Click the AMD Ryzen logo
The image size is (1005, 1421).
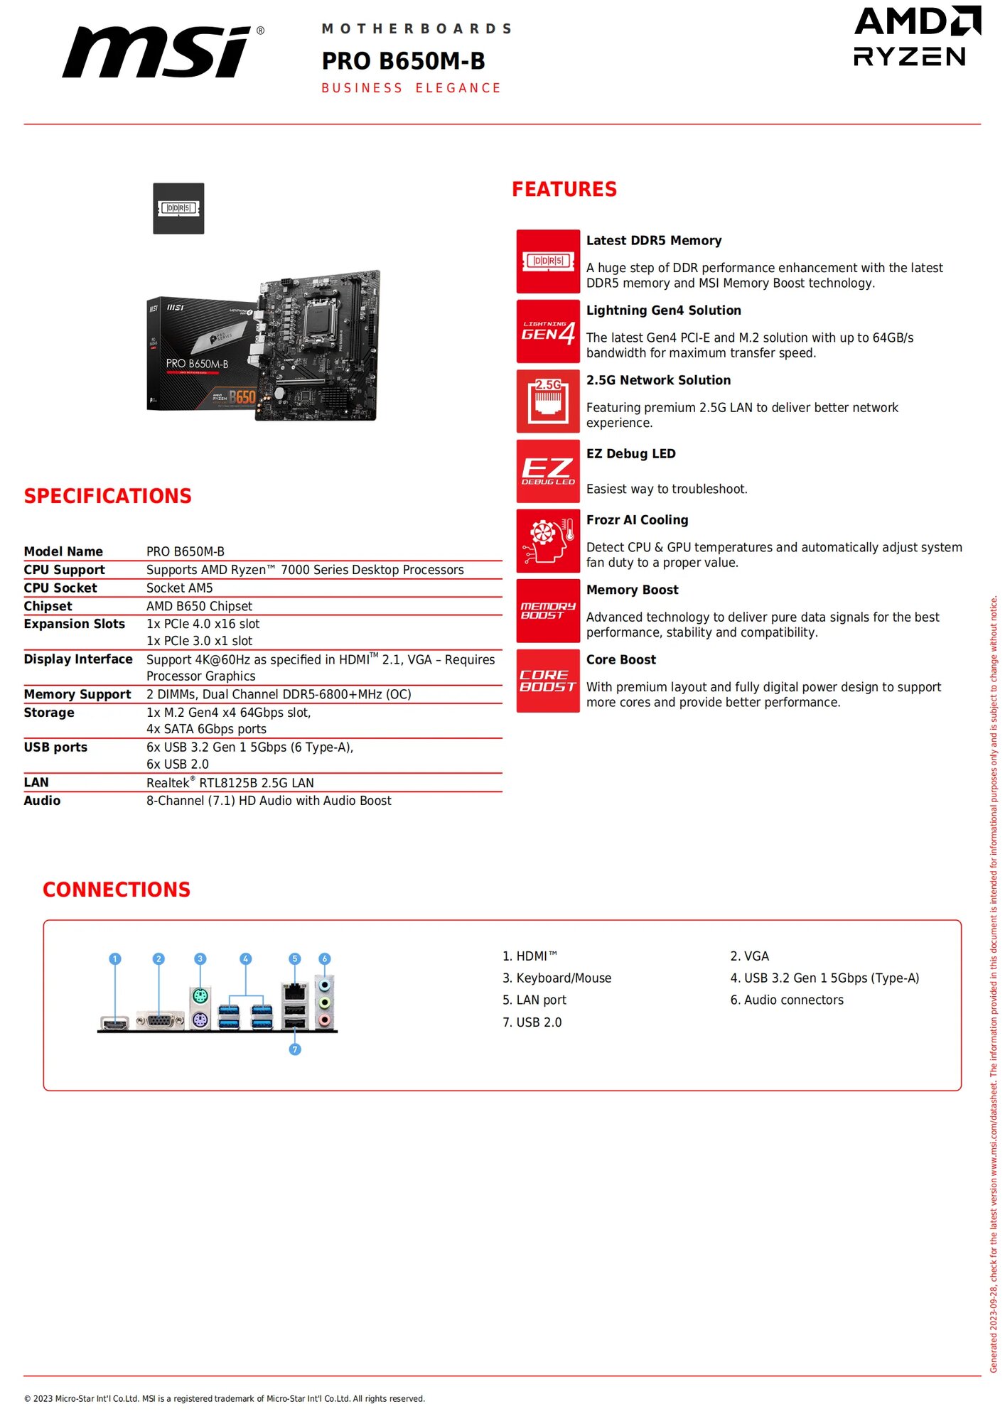click(916, 36)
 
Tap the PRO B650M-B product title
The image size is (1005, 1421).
click(403, 61)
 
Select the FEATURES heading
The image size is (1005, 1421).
click(564, 189)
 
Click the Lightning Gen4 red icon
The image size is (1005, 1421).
click(547, 331)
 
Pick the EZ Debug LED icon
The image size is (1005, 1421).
click(547, 471)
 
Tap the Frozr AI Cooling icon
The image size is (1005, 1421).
click(547, 541)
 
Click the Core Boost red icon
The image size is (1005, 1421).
click(547, 681)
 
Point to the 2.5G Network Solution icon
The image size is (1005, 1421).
click(547, 401)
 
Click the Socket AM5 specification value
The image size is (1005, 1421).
click(180, 588)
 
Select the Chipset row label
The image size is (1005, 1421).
click(48, 606)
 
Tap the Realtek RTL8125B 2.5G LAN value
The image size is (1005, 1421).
click(230, 782)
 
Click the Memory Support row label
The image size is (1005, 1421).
click(77, 694)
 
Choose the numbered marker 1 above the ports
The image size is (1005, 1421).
click(115, 958)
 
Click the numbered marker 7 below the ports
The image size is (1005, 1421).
click(295, 1049)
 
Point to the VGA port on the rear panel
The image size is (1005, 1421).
click(159, 1022)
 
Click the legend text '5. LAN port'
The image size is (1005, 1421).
click(534, 1000)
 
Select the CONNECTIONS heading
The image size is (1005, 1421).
click(117, 890)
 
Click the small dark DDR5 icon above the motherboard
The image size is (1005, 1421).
click(178, 208)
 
